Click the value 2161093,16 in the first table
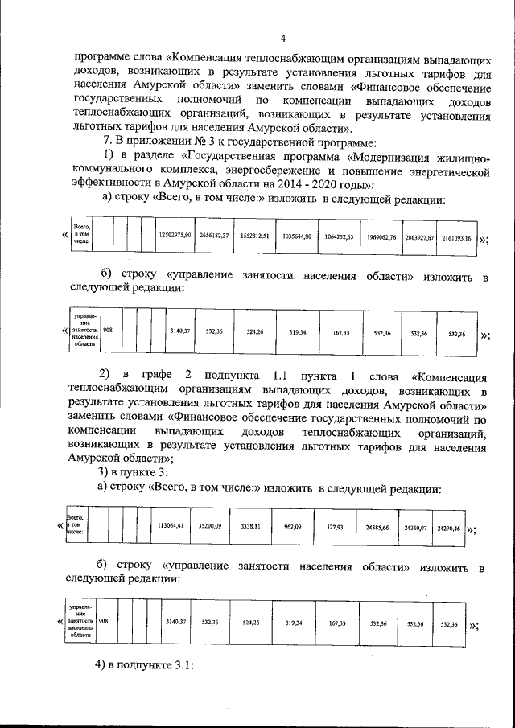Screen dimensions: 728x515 click(x=456, y=238)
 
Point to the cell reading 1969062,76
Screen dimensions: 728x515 click(x=380, y=237)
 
